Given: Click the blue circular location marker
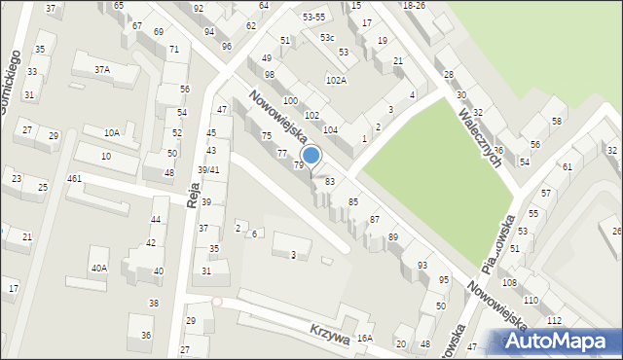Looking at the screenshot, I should [311, 156].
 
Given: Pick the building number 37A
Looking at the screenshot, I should [102, 70].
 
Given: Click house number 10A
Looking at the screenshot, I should [112, 132].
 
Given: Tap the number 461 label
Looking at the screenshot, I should [74, 179].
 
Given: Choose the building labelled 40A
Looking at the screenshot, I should [98, 268].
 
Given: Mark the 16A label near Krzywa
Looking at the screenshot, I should [364, 338].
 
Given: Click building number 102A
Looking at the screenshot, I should [336, 81].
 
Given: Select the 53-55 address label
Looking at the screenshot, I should [313, 18].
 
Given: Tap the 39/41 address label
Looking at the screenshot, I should [208, 169].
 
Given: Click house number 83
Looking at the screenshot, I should [330, 182].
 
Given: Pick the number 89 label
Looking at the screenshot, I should [393, 237].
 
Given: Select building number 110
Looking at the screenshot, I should [531, 300].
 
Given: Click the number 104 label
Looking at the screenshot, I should [331, 129].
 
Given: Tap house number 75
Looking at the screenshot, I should [266, 136].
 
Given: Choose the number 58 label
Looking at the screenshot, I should [557, 121].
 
